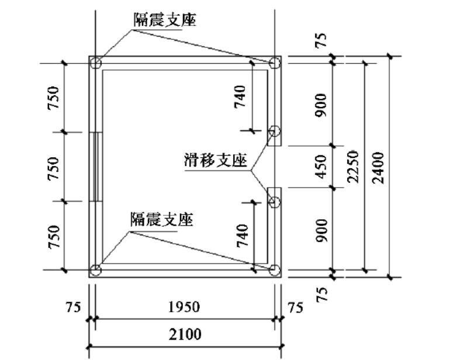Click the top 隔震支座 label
[165, 20]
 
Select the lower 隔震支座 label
[162, 219]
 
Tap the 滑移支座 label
[216, 160]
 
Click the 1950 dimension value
[184, 307]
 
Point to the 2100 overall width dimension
[185, 334]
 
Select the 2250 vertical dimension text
[353, 167]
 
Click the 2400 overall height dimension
[378, 168]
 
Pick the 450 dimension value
[321, 167]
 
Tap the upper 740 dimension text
[240, 97]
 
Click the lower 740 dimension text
[243, 236]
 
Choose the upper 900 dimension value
[321, 105]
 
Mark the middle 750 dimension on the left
[53, 168]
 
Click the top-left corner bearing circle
[96, 63]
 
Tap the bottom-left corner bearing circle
[96, 271]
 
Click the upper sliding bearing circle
[275, 131]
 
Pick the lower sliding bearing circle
[275, 202]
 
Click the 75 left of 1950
[73, 307]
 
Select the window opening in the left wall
[96, 167]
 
